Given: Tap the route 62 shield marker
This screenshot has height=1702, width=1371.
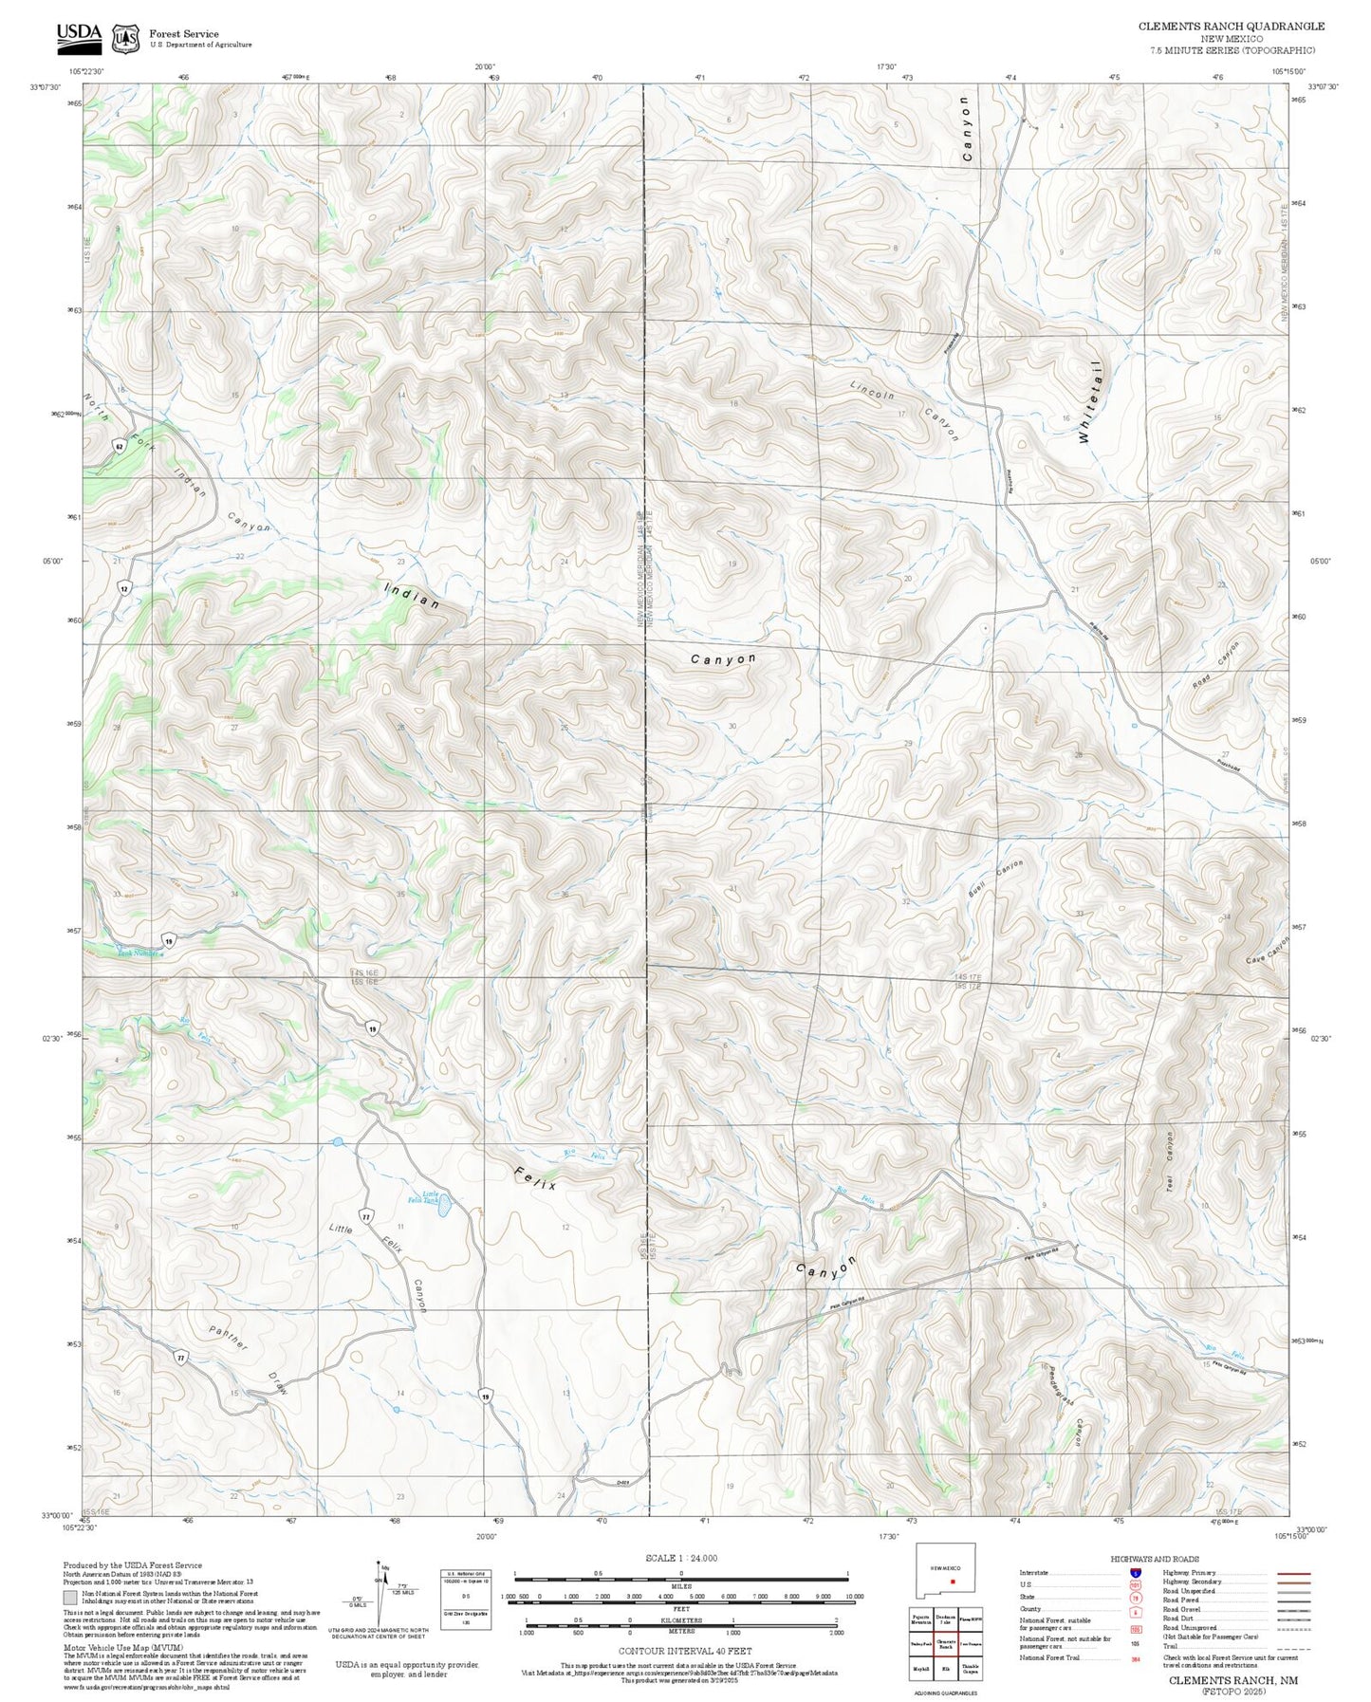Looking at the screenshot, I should (x=120, y=446).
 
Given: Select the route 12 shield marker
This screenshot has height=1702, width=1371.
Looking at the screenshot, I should (x=124, y=588).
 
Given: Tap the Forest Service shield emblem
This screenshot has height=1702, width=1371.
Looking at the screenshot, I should (x=125, y=38).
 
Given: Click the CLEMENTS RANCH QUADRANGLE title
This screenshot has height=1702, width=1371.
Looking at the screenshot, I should (x=1232, y=26).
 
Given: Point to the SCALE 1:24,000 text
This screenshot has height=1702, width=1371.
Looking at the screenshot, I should (x=680, y=1558).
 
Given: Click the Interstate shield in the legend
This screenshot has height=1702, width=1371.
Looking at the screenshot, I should (x=1135, y=1573).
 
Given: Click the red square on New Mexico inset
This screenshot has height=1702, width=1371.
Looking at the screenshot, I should (x=951, y=1582).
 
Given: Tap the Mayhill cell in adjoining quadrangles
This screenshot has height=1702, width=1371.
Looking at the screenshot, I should (x=918, y=1667).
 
